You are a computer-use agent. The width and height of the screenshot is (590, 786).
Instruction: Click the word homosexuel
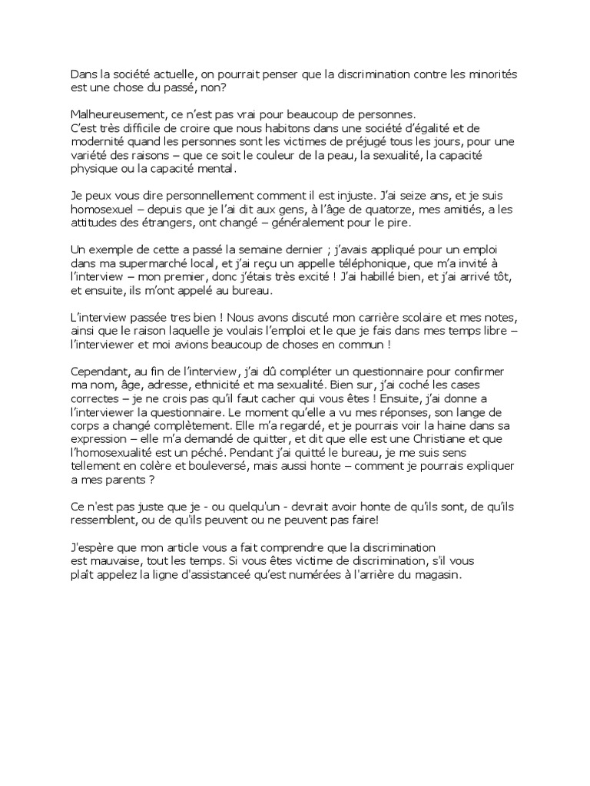100,210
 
